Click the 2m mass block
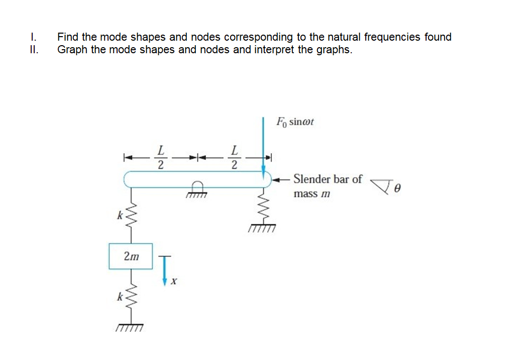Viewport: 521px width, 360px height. click(x=131, y=256)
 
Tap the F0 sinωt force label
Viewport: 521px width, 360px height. click(x=295, y=122)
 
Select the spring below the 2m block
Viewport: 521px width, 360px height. click(x=131, y=296)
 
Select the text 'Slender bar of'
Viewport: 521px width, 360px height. click(x=327, y=179)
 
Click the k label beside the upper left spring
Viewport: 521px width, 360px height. click(x=119, y=216)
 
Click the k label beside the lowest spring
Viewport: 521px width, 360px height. click(x=119, y=297)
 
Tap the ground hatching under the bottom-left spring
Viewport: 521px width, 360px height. click(x=130, y=328)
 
